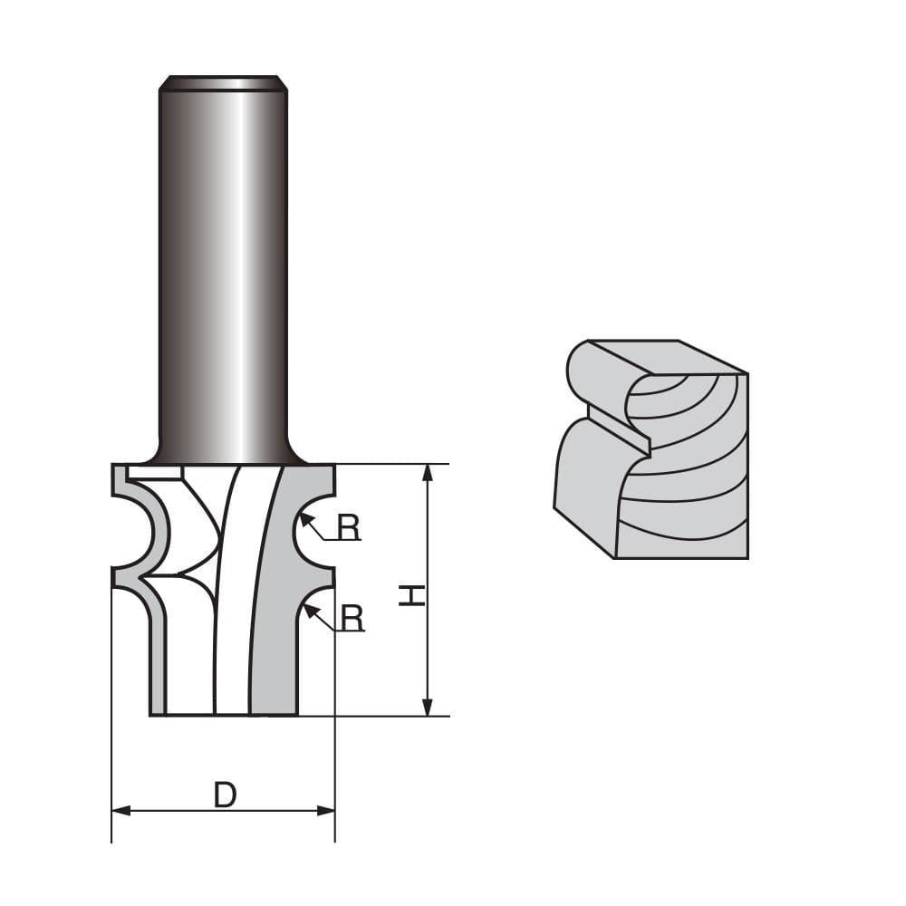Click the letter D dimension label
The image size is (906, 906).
click(x=225, y=795)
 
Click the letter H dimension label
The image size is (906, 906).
click(x=412, y=594)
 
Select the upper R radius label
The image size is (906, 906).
click(x=349, y=527)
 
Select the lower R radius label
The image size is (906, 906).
click(x=352, y=618)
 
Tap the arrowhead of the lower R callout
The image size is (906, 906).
click(x=309, y=609)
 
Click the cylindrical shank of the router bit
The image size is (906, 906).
click(x=223, y=272)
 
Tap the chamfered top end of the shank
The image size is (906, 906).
click(x=223, y=83)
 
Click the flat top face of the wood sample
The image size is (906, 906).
click(x=666, y=357)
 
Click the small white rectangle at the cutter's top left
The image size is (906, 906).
click(x=155, y=471)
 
